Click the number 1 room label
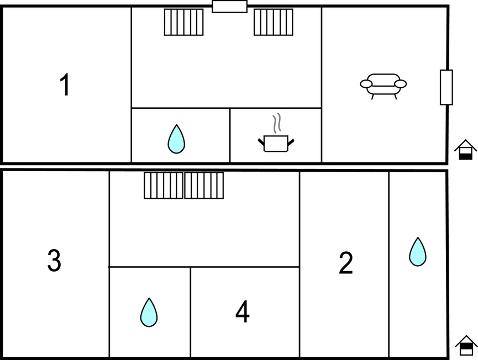[x=65, y=86]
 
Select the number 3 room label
[x=54, y=261]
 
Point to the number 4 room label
[x=242, y=313]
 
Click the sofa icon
[x=383, y=85]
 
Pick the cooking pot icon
[x=276, y=143]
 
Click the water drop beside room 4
[x=149, y=312]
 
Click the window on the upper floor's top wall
[x=229, y=7]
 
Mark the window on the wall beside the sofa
[x=446, y=87]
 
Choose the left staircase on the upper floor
[x=183, y=22]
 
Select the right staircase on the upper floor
[x=274, y=22]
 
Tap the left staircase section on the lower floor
[x=164, y=186]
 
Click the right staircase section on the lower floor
[x=204, y=186]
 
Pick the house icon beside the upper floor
[x=466, y=150]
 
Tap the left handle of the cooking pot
[x=261, y=141]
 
